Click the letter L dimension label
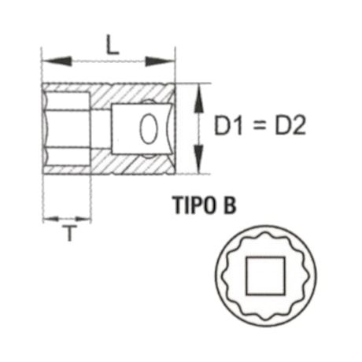tap(113, 46)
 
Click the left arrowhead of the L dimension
tap(49, 60)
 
